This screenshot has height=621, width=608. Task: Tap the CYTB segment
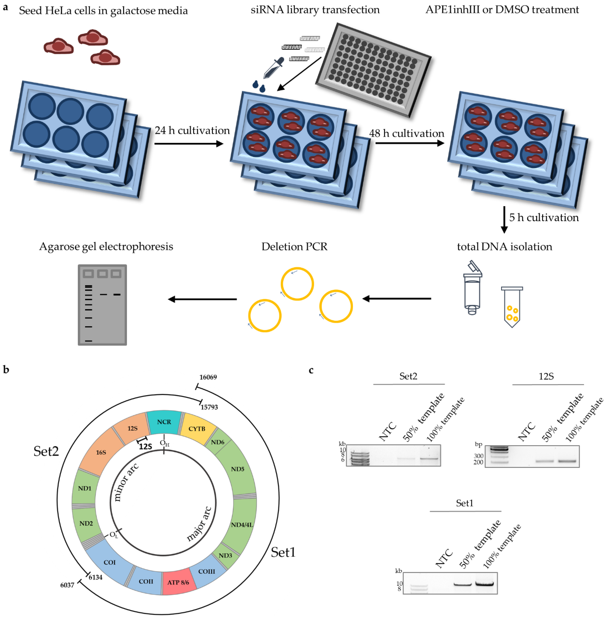(197, 429)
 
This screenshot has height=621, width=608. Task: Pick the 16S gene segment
(101, 452)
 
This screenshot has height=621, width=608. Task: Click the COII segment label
(146, 581)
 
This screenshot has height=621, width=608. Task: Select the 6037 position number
(67, 585)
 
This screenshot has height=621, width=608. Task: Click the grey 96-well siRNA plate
(373, 69)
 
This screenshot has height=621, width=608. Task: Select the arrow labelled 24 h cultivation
(188, 144)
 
